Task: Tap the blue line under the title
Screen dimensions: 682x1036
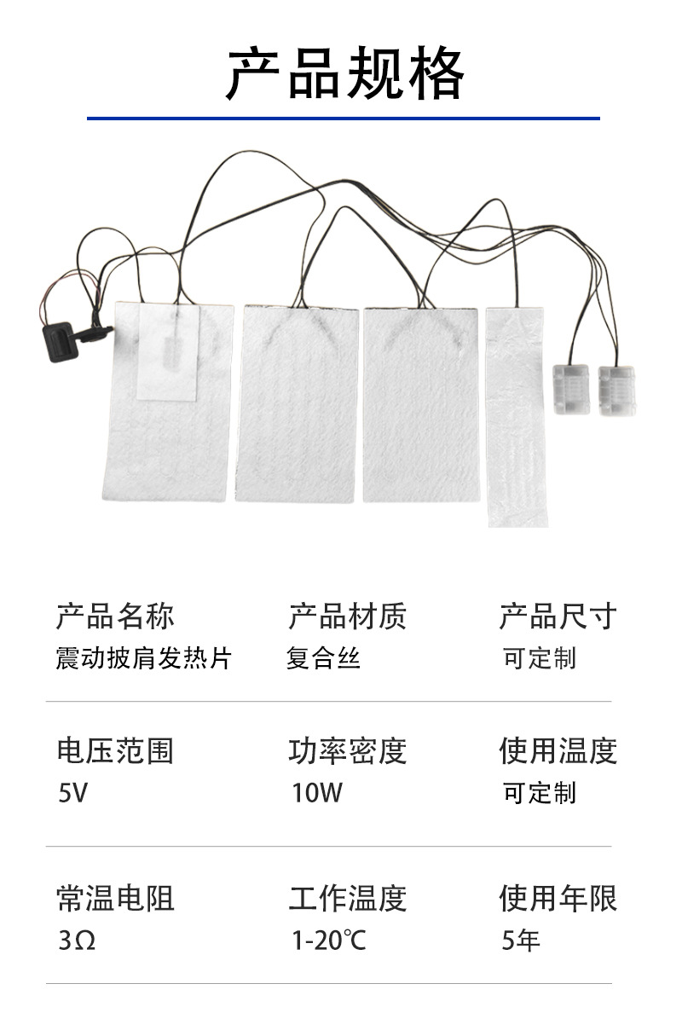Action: (343, 118)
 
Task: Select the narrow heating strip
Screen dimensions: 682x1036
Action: (517, 416)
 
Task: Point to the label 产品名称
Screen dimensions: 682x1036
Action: (115, 615)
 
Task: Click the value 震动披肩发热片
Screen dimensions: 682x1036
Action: (143, 658)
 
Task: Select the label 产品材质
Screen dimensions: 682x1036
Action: (347, 615)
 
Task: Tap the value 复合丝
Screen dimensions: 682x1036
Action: (323, 658)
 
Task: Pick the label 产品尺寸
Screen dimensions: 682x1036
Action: (558, 615)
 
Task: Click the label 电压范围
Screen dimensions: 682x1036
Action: (115, 750)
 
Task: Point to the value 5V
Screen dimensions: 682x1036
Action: (72, 794)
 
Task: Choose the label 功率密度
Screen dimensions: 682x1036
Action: (347, 750)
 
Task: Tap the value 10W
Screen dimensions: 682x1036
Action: (316, 794)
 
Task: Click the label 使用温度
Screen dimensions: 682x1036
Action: (558, 750)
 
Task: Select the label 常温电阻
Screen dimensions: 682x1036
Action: (115, 898)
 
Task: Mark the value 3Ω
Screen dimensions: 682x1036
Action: (76, 941)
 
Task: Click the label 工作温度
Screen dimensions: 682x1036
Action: (347, 898)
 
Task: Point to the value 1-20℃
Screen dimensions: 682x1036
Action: (328, 941)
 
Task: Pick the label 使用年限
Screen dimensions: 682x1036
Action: (558, 898)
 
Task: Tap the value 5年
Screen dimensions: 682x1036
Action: (521, 941)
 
